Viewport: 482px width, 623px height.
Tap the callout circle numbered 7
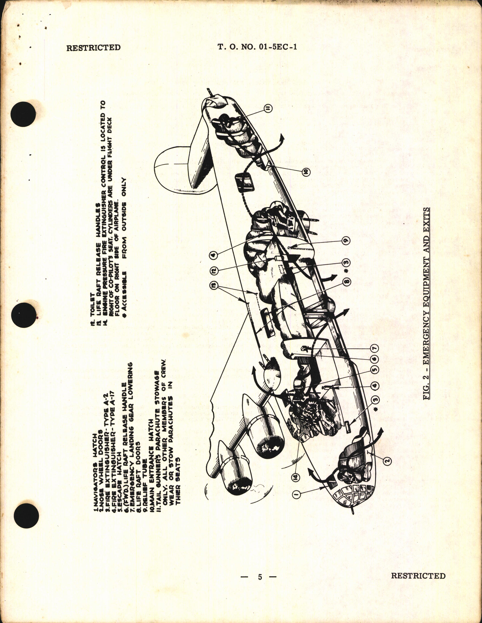(x=375, y=349)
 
